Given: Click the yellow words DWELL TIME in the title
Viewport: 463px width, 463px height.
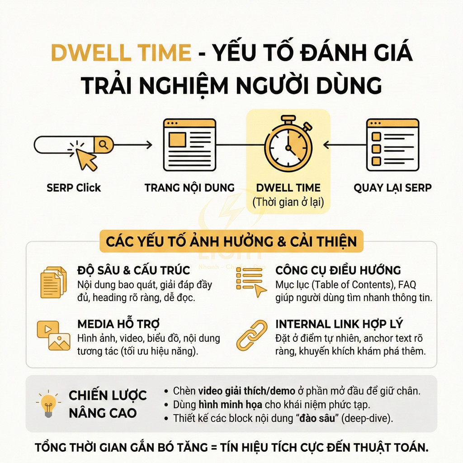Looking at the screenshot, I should click(x=121, y=53).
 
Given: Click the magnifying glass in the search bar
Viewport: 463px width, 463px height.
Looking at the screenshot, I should click(x=104, y=145).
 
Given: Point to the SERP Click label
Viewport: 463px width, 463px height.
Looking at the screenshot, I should click(x=74, y=188).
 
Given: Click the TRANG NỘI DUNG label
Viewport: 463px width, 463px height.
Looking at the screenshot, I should click(x=189, y=188).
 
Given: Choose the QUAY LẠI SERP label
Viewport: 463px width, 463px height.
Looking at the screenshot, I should click(x=392, y=188).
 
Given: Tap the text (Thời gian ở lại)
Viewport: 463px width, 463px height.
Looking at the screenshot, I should click(x=288, y=202).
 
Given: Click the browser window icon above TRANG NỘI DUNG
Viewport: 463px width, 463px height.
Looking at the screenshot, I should click(x=189, y=145).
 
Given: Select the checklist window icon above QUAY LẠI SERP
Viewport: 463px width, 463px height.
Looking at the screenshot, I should click(x=392, y=145).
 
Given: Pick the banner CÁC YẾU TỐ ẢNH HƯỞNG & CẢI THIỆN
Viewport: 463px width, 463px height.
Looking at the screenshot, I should click(x=231, y=241).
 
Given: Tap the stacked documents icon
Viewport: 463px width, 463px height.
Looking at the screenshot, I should click(x=53, y=282).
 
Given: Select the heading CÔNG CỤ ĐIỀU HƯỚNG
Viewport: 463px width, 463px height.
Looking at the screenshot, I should click(x=338, y=271).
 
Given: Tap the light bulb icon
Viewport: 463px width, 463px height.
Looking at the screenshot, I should click(x=47, y=404).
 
